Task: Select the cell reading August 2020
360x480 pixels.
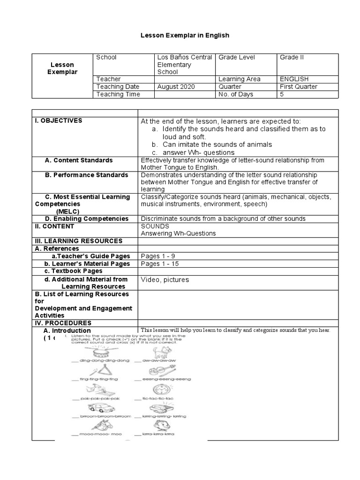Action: [x=176, y=87]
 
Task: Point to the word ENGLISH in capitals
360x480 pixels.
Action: [x=294, y=79]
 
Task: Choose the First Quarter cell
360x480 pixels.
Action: [x=299, y=87]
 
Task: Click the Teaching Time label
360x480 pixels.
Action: [x=118, y=94]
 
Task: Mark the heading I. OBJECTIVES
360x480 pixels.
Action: [x=59, y=120]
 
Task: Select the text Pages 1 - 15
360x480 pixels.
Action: [x=160, y=263]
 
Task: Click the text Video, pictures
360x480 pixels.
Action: [x=165, y=280]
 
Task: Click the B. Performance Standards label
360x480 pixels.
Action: [x=86, y=175]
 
